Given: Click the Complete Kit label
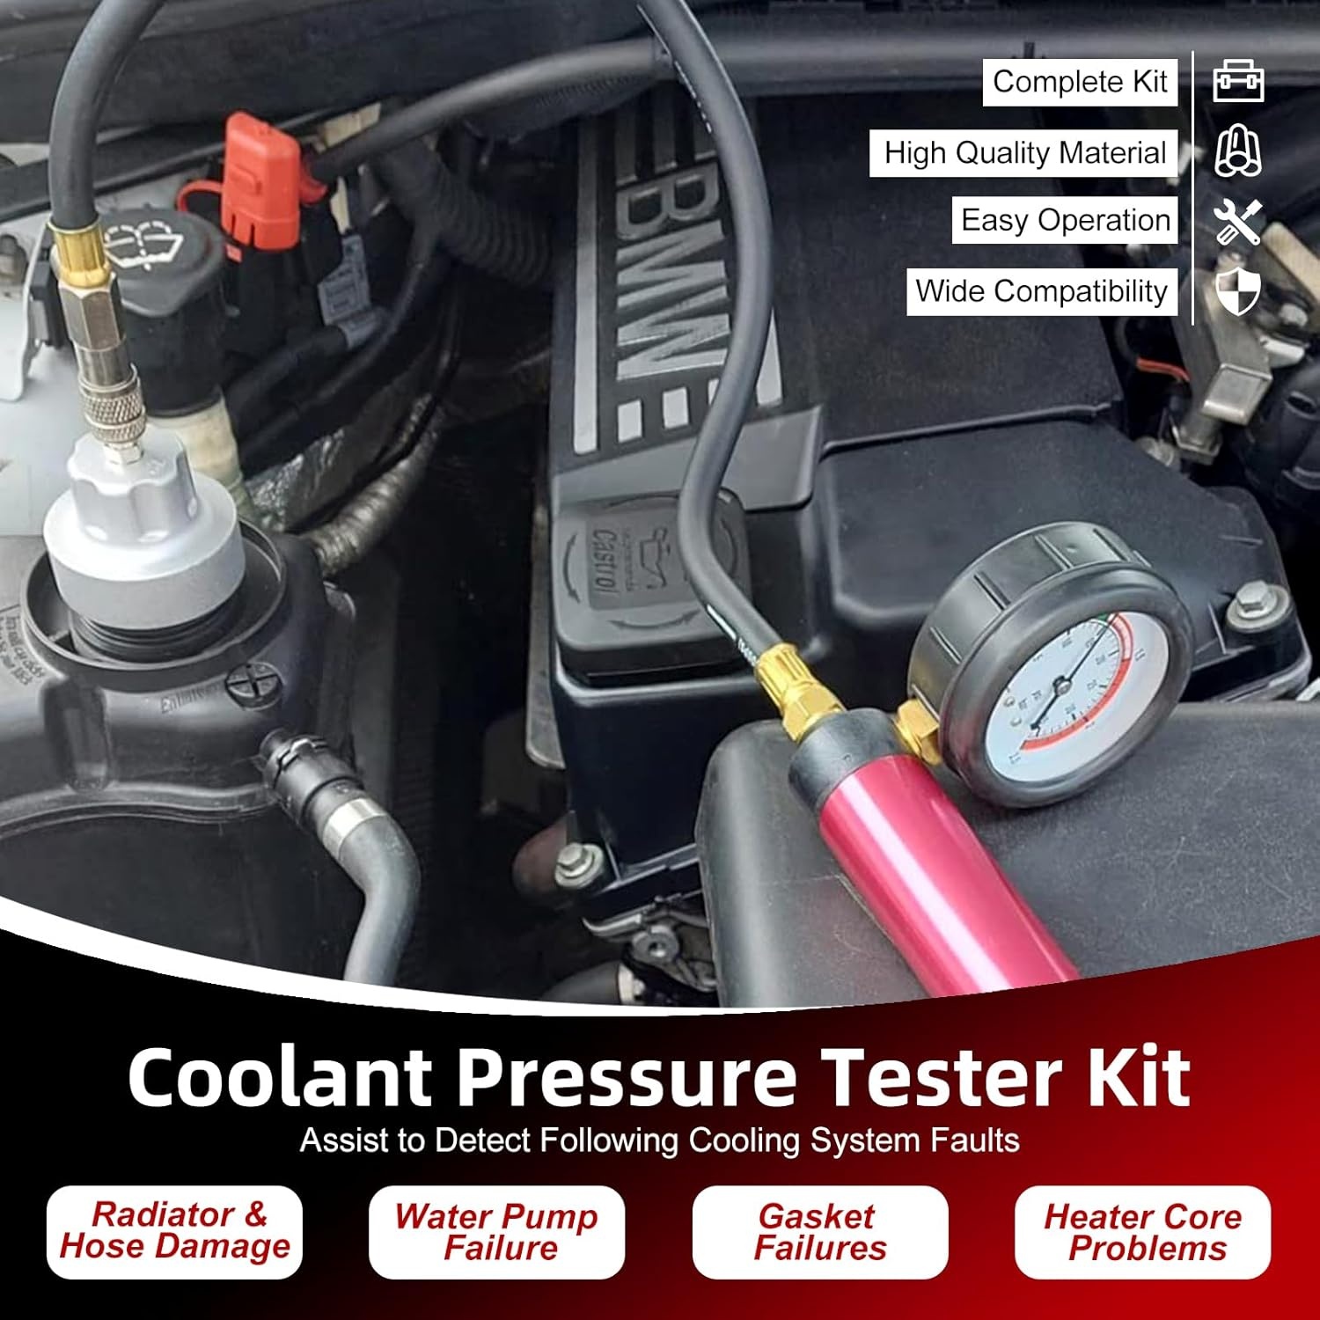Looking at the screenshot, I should point(1080,82).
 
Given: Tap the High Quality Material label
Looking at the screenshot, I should point(1023,153).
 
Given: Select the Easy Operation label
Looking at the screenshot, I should point(1065,220).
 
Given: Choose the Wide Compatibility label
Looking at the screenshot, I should point(1041,291).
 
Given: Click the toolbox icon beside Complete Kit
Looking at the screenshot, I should point(1238,82).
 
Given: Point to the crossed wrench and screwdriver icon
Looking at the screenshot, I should point(1238,221).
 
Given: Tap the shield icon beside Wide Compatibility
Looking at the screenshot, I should point(1238,291).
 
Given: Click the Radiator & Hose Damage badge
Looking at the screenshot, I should point(174,1231).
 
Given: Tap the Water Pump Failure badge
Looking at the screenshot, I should point(497,1232).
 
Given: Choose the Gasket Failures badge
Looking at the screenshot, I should point(820,1232).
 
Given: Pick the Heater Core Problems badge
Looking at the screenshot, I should point(1143,1232).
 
